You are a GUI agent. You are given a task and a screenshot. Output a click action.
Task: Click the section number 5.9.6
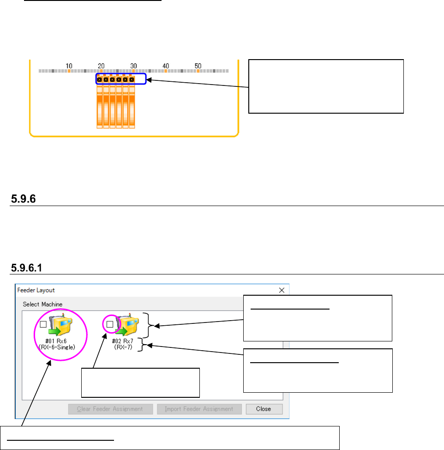tap(24, 199)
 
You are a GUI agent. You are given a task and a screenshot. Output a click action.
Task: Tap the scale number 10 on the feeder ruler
tap(69, 66)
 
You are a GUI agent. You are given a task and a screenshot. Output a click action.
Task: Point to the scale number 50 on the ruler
tap(198, 66)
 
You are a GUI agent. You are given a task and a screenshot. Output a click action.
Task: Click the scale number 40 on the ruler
tap(166, 66)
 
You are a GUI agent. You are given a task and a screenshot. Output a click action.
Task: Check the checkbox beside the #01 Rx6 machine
tap(43, 325)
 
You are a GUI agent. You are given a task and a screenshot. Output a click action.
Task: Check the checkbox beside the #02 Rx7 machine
tap(109, 325)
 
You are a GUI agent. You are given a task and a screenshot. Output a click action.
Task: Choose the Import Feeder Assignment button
tap(198, 409)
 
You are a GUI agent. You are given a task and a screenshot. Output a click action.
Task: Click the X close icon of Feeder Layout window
tap(282, 290)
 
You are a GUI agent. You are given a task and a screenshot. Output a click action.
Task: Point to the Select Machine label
tap(42, 304)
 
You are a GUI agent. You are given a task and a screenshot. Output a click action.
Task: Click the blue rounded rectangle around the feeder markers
tap(121, 79)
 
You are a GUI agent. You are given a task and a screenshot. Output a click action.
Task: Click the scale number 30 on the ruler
tap(133, 66)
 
